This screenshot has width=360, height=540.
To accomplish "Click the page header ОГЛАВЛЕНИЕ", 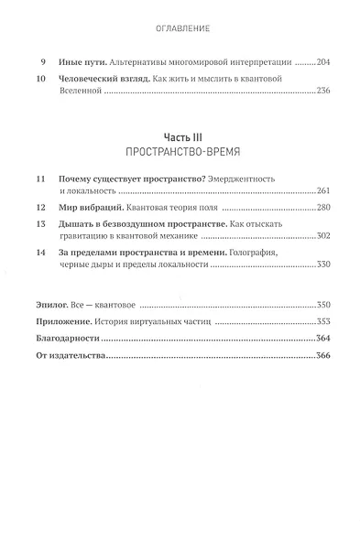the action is coord(181,29).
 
